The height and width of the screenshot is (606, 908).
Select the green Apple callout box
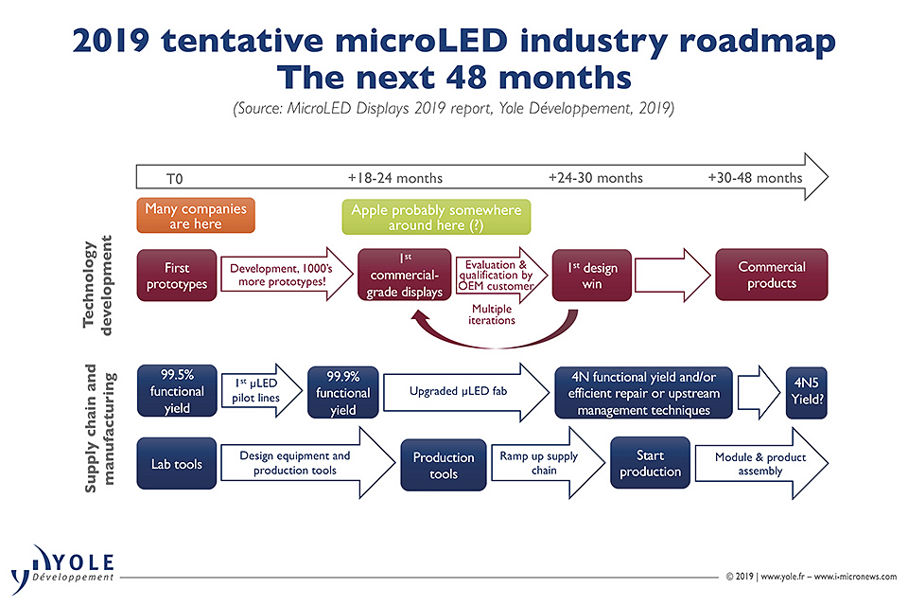pos(435,217)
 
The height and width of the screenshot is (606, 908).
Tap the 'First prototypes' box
pos(176,276)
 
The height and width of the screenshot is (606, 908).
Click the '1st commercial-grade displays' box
pos(404,276)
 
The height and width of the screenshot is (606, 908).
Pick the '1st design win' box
pos(592,276)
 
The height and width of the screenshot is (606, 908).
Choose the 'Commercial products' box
pos(772,276)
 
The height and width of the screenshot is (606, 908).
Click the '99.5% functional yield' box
pos(176,391)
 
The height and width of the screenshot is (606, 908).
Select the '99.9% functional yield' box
pos(342,391)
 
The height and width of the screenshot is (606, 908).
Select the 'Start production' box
pos(650,463)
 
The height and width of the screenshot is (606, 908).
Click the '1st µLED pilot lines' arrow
pos(260,391)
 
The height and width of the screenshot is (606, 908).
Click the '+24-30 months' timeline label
pos(595,178)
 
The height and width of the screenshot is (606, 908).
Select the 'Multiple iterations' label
pos(493,313)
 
